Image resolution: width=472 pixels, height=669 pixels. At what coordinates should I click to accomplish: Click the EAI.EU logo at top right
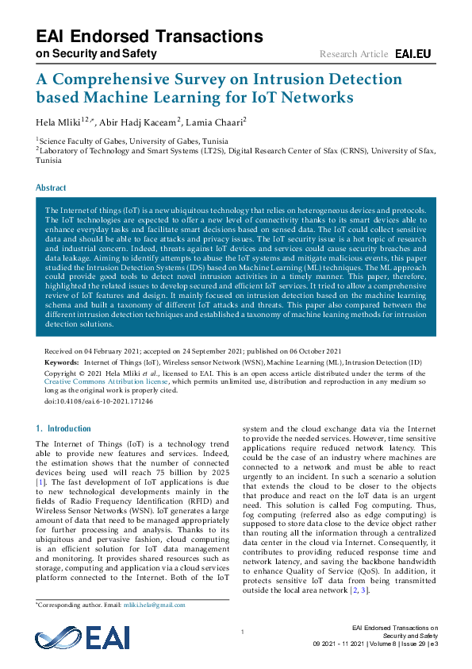[x=413, y=54]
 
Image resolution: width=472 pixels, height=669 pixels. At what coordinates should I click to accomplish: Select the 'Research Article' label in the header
[x=354, y=54]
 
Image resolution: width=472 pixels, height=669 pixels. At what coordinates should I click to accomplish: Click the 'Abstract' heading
[x=52, y=188]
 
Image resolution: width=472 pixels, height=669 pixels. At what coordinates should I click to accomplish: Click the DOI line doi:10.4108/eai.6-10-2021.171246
[x=98, y=402]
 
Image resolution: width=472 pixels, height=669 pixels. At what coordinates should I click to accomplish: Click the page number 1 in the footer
[x=241, y=632]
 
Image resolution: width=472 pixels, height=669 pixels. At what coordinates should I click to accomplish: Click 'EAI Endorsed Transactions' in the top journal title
[x=149, y=37]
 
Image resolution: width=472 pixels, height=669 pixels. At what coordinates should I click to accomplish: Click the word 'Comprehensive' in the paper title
[x=133, y=79]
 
